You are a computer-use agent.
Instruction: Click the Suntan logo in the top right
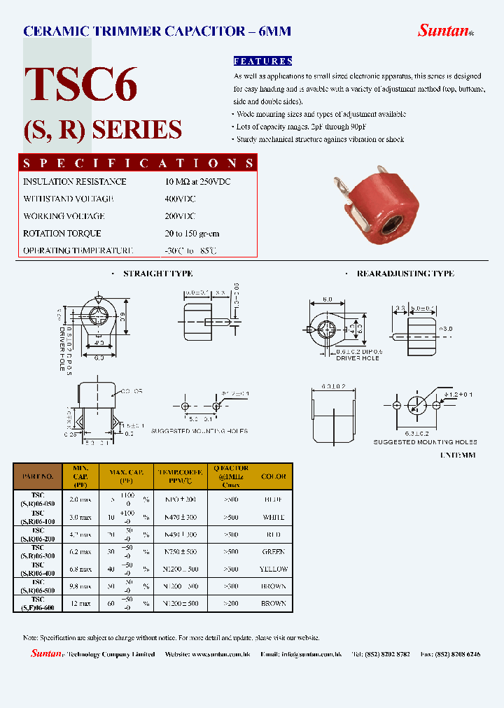pyautogui.click(x=444, y=30)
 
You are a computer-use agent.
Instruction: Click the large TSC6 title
pyautogui.click(x=81, y=85)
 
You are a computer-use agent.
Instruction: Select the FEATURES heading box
pyautogui.click(x=262, y=62)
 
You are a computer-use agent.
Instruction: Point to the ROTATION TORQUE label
pyautogui.click(x=62, y=233)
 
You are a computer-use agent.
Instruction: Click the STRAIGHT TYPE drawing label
pyautogui.click(x=157, y=274)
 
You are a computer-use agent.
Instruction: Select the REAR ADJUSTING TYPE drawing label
pyautogui.click(x=405, y=274)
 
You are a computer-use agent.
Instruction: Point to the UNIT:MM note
pyautogui.click(x=459, y=455)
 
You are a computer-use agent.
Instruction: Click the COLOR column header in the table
pyautogui.click(x=274, y=476)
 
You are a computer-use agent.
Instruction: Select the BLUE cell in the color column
pyautogui.click(x=274, y=500)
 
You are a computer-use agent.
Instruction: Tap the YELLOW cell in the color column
pyautogui.click(x=274, y=569)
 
